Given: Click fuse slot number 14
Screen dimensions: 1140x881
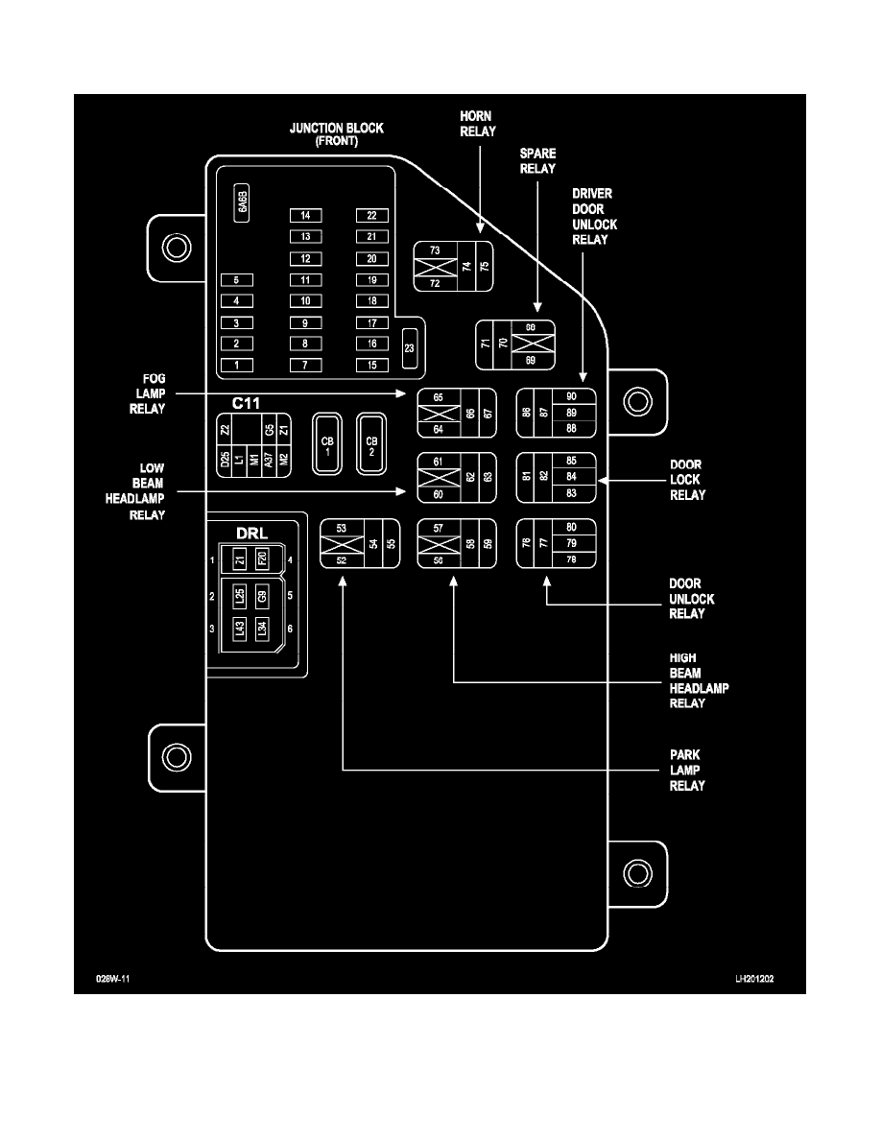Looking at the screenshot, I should (x=305, y=215).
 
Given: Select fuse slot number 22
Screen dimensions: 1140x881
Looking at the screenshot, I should (x=371, y=215).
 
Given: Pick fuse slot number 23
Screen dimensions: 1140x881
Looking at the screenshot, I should (x=409, y=347).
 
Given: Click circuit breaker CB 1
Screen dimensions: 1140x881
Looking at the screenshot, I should (x=328, y=443).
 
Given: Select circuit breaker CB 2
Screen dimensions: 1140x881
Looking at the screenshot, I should (x=371, y=443).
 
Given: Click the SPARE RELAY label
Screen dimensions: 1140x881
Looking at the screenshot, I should (x=537, y=161).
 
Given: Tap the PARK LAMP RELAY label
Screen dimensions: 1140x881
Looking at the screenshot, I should (x=687, y=771).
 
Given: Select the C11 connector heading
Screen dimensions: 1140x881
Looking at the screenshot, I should (x=247, y=404).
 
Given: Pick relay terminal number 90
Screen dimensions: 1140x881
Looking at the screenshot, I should (x=571, y=395).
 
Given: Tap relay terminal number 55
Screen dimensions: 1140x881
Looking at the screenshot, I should (x=391, y=543).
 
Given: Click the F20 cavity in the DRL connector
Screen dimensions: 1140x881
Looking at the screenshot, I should (x=262, y=558).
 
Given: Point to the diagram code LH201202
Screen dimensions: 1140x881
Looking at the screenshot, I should (x=755, y=981).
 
